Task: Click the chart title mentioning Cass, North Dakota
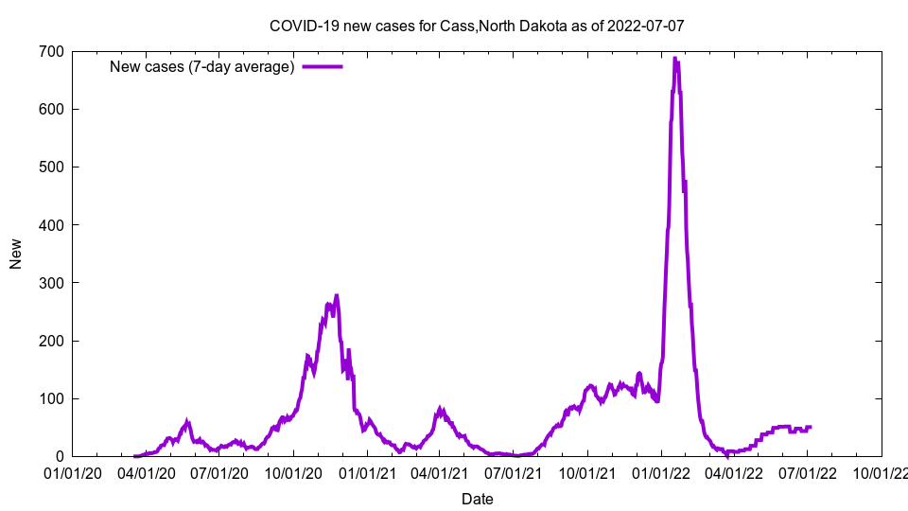pos(477,26)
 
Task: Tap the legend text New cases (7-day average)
pos(201,66)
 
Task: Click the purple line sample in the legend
pos(322,66)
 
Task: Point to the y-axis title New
pos(16,254)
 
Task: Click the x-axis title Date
pos(477,499)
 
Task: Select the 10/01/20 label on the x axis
pos(293,472)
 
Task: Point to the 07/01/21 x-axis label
pos(514,472)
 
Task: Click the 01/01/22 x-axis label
pos(661,472)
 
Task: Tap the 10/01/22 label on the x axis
pos(882,472)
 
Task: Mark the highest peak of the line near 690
pos(674,59)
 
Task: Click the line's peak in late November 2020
pos(336,295)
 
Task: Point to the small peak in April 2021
pos(441,410)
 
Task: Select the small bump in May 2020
pos(187,423)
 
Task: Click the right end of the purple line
pos(810,427)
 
